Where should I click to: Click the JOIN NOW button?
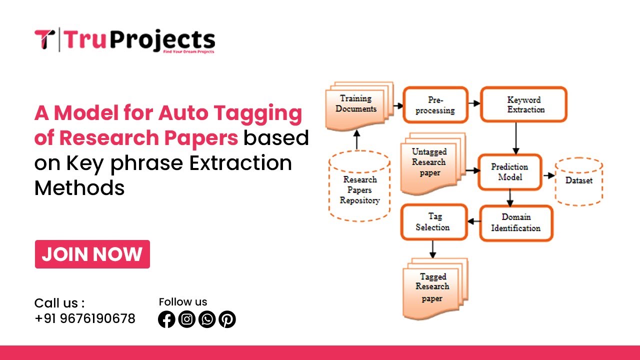[92, 254]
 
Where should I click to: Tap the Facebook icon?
[166, 319]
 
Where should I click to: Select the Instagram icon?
[186, 319]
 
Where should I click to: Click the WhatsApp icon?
[207, 319]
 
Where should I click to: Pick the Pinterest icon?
[227, 319]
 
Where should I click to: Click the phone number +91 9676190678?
[85, 318]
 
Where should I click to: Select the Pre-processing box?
[435, 104]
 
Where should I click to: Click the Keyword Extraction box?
[523, 104]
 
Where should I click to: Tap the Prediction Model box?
[509, 172]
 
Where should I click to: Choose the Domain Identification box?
[516, 222]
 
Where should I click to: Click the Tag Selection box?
[433, 222]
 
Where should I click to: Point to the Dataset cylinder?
[579, 181]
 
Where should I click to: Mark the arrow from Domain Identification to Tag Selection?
[472, 221]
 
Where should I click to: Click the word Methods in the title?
[79, 188]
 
